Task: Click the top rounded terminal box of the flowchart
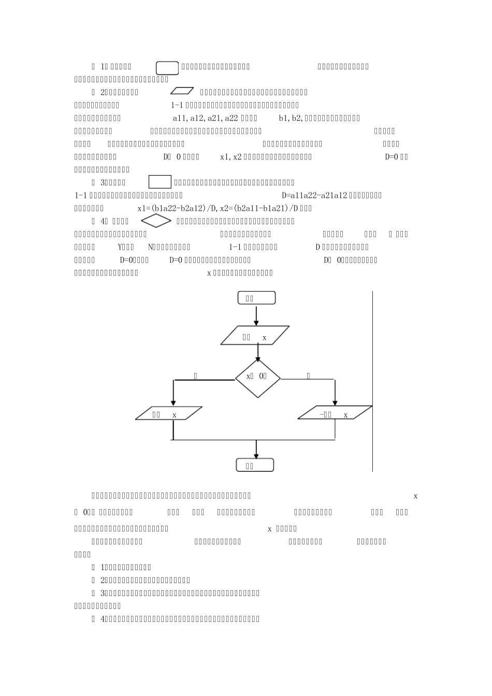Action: tap(256, 298)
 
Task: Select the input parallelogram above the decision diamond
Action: tap(255, 335)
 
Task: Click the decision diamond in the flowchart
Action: tap(258, 378)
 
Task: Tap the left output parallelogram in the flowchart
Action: tap(169, 413)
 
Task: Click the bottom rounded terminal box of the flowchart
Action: tap(255, 465)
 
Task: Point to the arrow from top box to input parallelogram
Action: tap(256, 315)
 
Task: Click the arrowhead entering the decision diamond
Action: tap(258, 357)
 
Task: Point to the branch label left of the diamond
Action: tap(195, 375)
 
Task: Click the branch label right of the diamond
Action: tap(309, 375)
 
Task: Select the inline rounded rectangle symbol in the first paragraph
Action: tap(167, 67)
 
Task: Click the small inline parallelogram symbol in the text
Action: tap(182, 92)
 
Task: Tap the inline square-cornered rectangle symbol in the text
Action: tap(160, 182)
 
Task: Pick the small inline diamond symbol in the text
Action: tap(156, 221)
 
